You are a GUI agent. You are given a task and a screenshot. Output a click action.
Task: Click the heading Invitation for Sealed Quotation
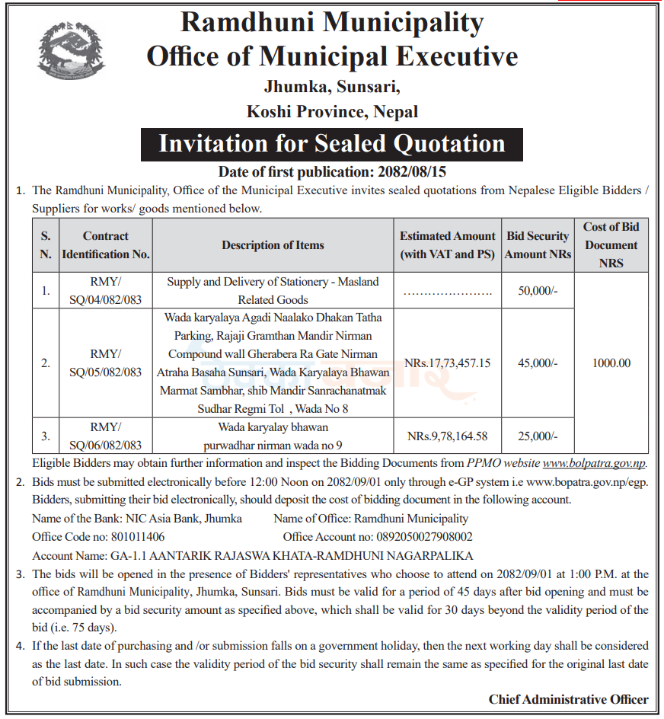coord(332,144)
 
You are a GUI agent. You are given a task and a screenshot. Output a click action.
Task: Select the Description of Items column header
coord(273,245)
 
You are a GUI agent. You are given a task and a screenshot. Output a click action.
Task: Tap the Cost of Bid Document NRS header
coord(611,244)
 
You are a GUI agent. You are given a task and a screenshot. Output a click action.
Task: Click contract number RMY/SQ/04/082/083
coord(105,290)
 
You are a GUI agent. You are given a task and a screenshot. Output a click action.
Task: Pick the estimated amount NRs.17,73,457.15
coord(448,363)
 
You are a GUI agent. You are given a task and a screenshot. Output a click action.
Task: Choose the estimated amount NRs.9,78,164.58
coord(448,436)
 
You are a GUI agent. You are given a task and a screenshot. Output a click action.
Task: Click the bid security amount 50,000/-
coord(538,290)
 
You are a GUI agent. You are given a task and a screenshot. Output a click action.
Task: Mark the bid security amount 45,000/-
coord(538,363)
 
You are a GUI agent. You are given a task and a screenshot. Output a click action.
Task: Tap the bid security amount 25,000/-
coord(538,436)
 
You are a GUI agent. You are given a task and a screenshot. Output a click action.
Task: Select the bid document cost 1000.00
coord(611,363)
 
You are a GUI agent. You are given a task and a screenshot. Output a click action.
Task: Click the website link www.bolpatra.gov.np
coord(595,462)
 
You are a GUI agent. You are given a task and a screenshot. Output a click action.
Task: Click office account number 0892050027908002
coord(414,537)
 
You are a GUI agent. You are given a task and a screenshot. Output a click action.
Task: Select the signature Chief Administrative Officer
coord(568,699)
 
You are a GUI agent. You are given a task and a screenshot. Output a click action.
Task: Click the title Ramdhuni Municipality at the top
coord(332,23)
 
